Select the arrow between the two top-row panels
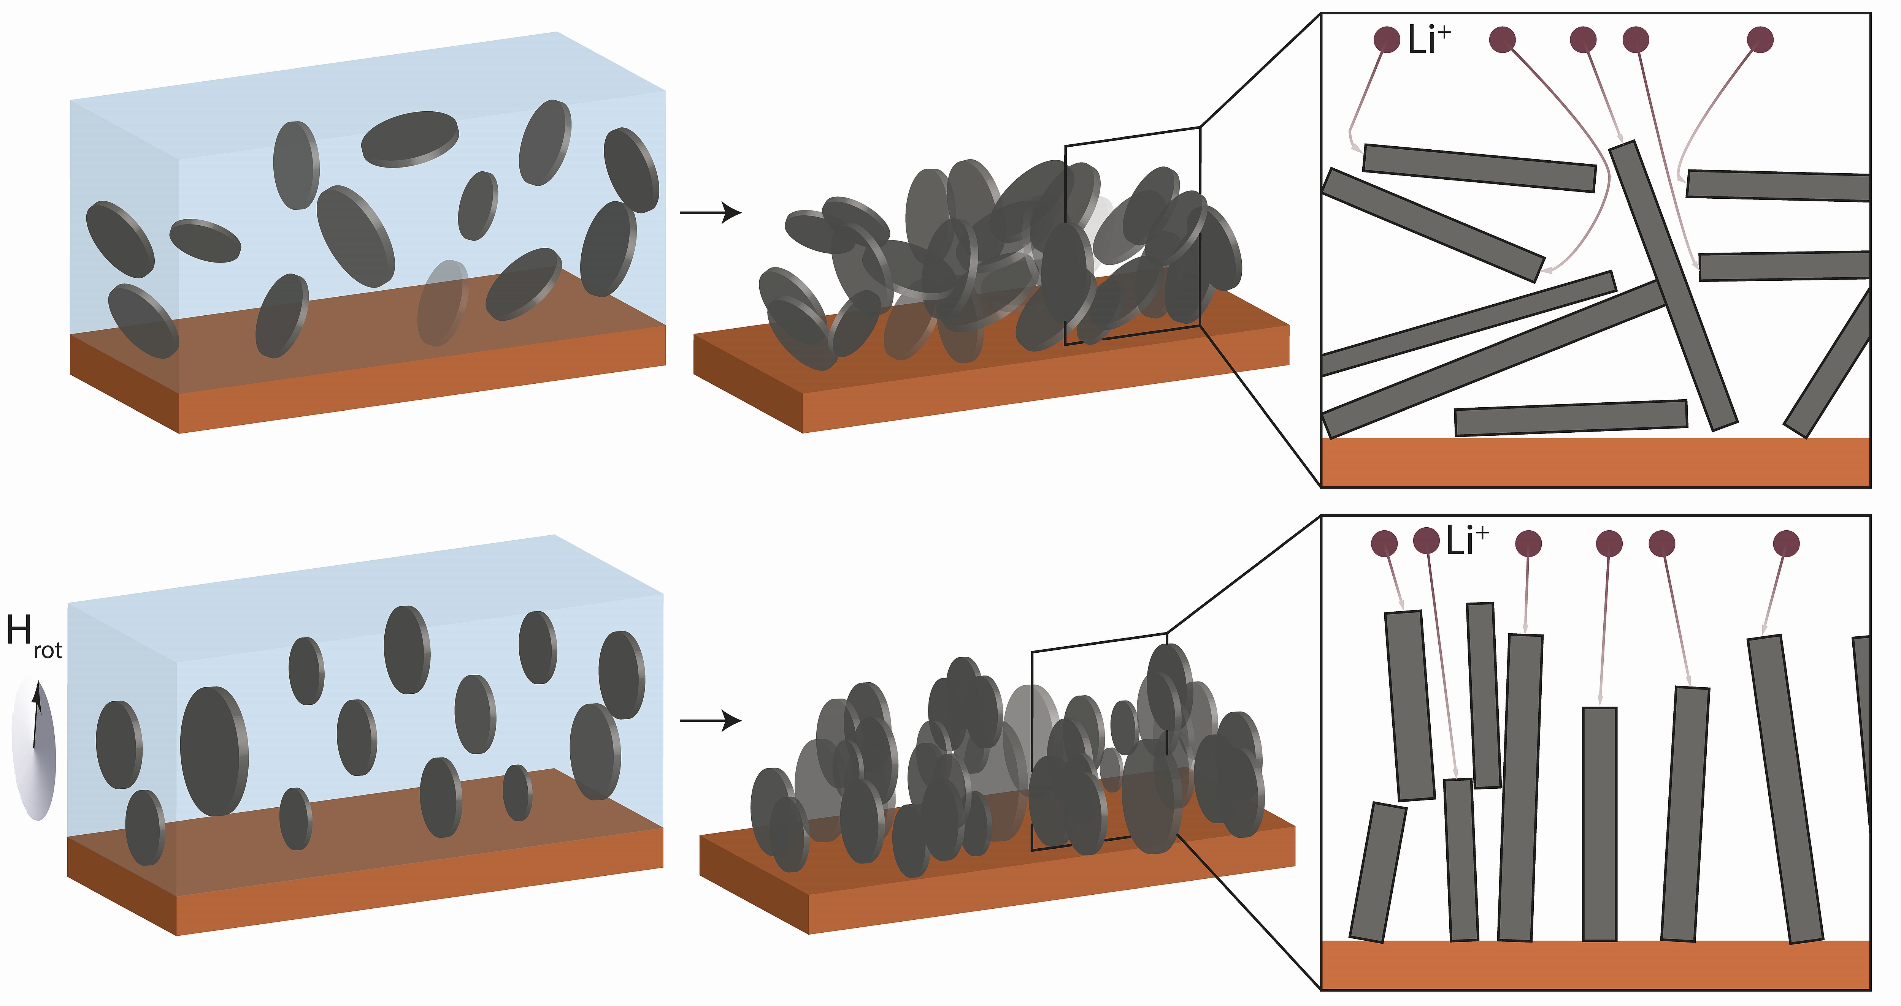[x=710, y=213]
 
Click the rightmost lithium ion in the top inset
[x=1761, y=40]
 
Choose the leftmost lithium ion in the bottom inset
[x=1384, y=544]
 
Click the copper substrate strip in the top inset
[x=1595, y=462]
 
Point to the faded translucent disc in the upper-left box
[x=443, y=302]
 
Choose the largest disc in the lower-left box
[x=214, y=751]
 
